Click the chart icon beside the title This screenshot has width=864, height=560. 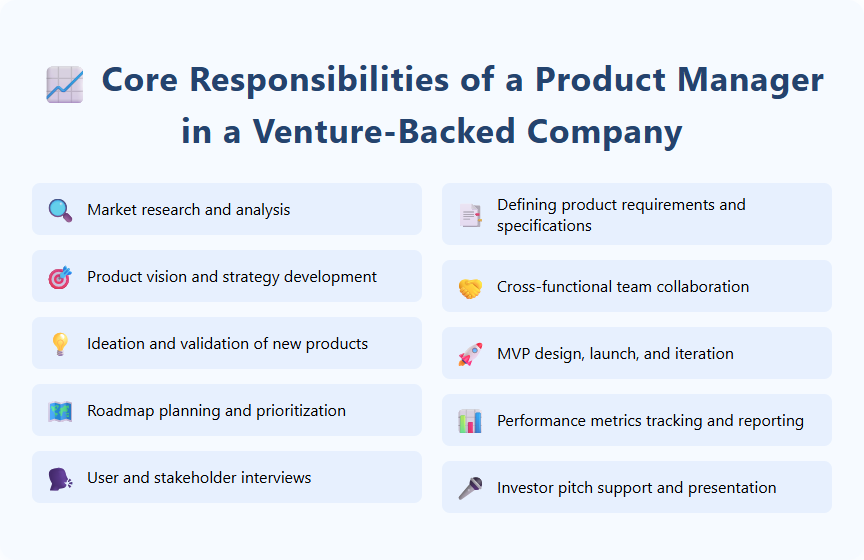click(x=65, y=84)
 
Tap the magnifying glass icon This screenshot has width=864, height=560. click(x=60, y=210)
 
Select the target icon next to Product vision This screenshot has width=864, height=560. click(x=60, y=277)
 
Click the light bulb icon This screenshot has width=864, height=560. click(x=60, y=344)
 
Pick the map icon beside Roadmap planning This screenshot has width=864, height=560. click(x=60, y=411)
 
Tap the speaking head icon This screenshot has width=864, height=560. click(x=60, y=478)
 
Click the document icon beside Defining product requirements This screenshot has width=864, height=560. click(x=470, y=215)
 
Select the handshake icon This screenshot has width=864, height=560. click(x=470, y=287)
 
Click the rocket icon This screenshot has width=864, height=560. click(x=470, y=354)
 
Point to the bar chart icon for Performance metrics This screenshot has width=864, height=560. click(x=470, y=421)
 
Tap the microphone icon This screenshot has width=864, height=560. click(x=470, y=488)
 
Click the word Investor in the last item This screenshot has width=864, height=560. click(x=526, y=488)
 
